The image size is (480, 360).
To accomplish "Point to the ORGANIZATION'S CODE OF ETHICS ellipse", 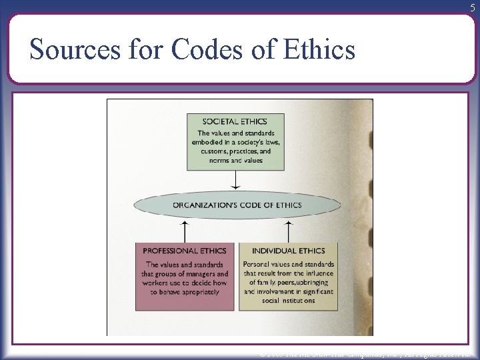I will coord(237,205).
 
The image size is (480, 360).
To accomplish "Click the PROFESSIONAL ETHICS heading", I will coord(185,251).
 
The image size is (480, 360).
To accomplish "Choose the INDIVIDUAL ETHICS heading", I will coord(288,251).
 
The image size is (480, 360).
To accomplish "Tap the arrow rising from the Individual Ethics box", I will coord(288,232).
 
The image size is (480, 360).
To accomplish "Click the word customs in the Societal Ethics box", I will coord(212,151).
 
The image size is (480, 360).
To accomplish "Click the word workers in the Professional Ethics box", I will coord(159,283).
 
